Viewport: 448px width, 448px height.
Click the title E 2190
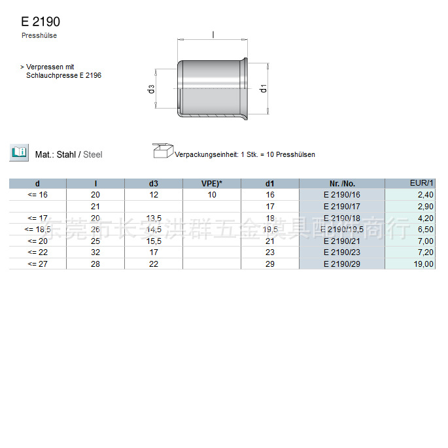coord(41,22)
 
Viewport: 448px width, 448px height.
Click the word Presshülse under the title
coord(39,36)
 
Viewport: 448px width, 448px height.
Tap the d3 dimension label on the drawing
coord(151,88)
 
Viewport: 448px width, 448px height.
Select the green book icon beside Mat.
coord(18,153)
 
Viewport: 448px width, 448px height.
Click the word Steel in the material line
coord(93,155)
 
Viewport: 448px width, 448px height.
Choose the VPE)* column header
coord(212,184)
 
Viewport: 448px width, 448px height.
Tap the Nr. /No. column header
coord(341,184)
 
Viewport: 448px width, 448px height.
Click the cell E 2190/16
coord(341,195)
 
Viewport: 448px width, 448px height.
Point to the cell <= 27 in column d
coord(37,264)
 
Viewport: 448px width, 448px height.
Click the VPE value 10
coord(212,195)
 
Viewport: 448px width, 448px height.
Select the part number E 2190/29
coord(341,264)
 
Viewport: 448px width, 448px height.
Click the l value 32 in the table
coord(95,252)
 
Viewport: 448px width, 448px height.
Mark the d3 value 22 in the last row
coord(154,264)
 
